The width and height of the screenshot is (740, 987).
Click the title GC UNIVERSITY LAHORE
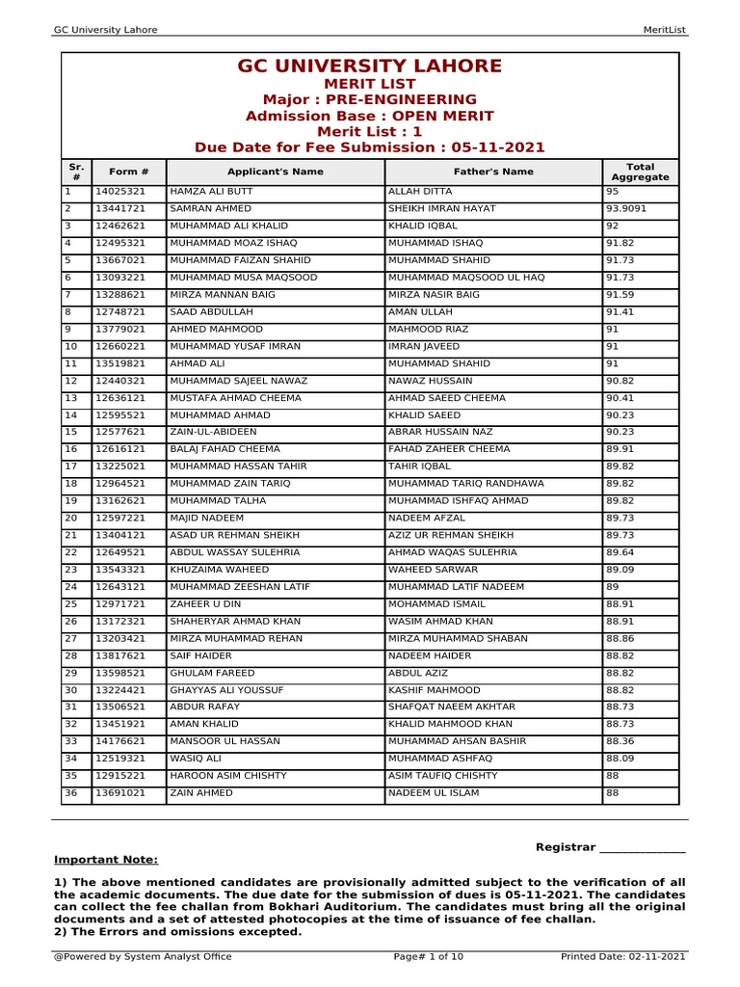coord(370,67)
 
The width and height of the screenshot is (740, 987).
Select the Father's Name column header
coord(493,172)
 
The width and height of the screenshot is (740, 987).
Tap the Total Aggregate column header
coord(640,172)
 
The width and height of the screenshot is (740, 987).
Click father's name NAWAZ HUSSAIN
coord(430,381)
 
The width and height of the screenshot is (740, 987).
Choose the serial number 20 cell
coord(71,518)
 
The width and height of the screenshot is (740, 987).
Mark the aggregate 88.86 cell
coord(620,638)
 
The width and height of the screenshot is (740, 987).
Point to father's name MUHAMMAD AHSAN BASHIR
coord(457,741)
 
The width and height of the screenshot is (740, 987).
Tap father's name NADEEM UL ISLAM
coord(433,793)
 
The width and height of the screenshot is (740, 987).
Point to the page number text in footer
coord(429,956)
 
